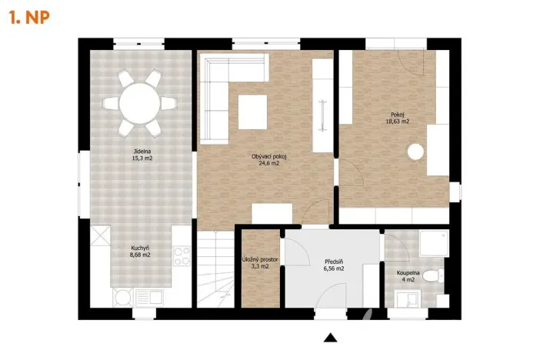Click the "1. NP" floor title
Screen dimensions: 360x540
[29, 18]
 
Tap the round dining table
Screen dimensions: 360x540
[139, 101]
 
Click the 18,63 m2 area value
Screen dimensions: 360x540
[398, 122]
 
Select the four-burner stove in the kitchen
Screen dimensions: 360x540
[181, 253]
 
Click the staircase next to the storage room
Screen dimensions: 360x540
[216, 269]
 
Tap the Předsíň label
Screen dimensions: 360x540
[332, 262]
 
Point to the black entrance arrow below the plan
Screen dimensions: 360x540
[332, 337]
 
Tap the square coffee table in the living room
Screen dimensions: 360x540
[253, 112]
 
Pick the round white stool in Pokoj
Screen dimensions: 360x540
[416, 152]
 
